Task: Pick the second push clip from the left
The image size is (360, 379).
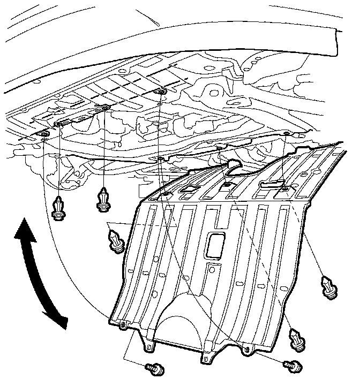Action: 102,200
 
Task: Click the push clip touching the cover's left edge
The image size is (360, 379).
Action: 116,239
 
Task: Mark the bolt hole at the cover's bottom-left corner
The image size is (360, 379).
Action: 124,325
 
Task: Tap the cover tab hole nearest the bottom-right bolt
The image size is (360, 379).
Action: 246,351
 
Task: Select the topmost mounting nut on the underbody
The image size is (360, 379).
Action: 161,93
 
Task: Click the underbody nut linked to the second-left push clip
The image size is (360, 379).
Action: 104,109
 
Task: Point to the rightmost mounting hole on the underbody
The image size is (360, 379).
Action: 287,132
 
